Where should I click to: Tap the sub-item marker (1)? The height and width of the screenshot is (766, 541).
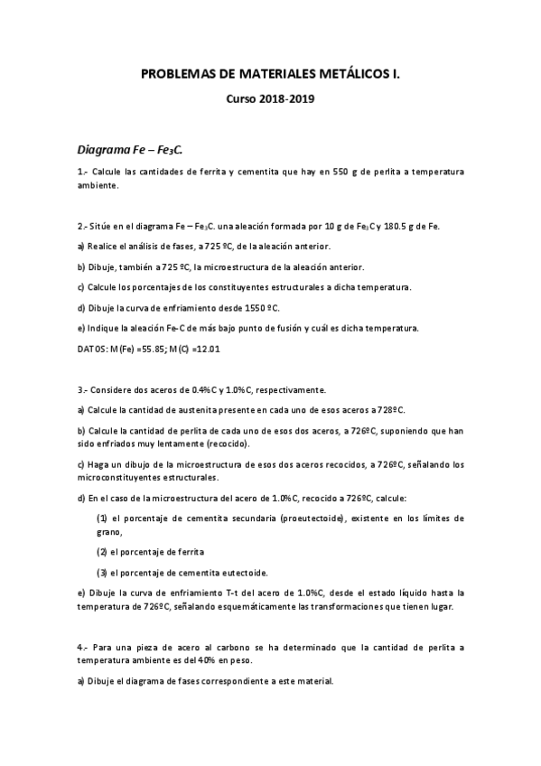[x=102, y=518]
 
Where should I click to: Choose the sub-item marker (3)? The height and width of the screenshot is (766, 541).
[x=102, y=573]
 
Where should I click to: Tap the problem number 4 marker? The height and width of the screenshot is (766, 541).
[x=82, y=647]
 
